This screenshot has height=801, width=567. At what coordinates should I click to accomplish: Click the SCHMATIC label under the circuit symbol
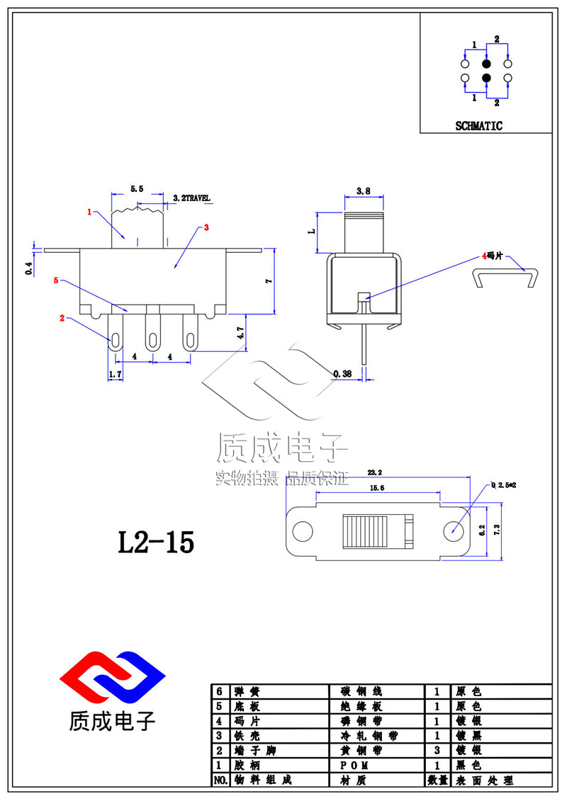click(478, 126)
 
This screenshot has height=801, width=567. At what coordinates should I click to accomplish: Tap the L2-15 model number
click(155, 542)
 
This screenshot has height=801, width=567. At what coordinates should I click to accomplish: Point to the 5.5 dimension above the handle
click(137, 189)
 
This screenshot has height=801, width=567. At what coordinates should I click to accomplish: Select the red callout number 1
click(89, 212)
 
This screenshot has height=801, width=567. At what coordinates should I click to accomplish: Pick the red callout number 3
click(206, 227)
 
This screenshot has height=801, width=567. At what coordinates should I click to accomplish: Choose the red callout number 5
click(56, 280)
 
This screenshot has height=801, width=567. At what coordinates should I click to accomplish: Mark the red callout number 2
click(62, 319)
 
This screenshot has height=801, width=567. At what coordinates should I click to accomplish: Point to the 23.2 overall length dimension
click(376, 471)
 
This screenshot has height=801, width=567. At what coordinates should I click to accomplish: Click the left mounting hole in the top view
click(303, 530)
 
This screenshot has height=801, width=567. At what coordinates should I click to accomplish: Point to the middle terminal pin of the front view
click(151, 332)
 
